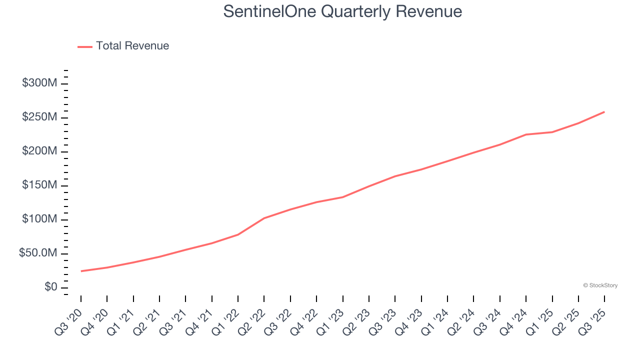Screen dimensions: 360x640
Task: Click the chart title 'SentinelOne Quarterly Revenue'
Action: pos(342,11)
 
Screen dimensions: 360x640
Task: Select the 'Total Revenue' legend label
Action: pos(132,46)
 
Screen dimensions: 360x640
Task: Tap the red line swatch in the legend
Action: pos(85,46)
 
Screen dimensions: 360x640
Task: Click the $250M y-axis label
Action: pos(39,117)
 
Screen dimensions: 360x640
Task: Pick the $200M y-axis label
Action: pos(39,151)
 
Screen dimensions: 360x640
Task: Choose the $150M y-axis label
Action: pos(39,185)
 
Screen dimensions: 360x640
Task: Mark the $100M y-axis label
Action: pos(39,219)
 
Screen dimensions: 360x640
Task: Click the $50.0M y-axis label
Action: pos(38,253)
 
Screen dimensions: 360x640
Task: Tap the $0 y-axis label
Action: pos(51,287)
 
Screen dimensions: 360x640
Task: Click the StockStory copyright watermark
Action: pos(600,285)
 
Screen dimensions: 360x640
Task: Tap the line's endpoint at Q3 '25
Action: pos(604,111)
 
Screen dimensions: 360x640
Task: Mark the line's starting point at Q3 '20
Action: pos(81,271)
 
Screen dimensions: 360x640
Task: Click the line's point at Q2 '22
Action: pos(264,218)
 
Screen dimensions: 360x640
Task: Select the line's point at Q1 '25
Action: pos(552,132)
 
